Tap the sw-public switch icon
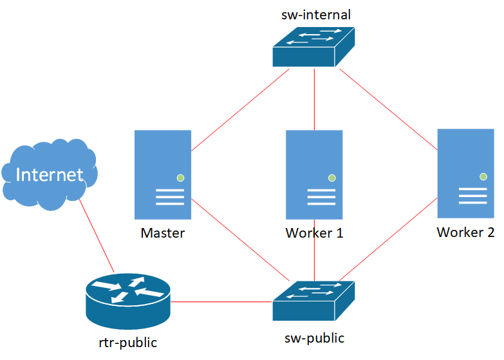point(313,301)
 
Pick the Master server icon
point(163,175)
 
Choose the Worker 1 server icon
point(314,175)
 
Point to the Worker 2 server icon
point(465,174)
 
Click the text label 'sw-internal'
point(316,15)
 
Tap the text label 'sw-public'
point(314,337)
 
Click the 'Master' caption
point(162,232)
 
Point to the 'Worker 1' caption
point(314,232)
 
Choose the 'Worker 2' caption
point(465,232)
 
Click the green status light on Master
point(181,178)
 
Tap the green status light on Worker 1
point(332,178)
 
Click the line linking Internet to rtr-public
point(97,236)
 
